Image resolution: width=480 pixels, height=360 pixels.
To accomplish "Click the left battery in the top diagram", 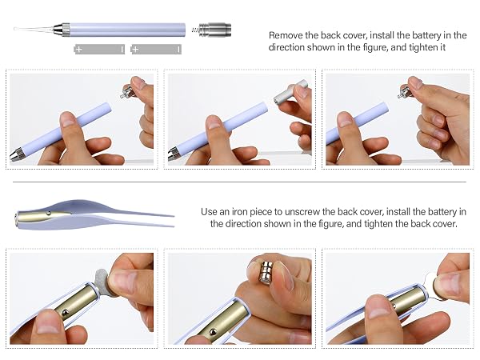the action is [x=99, y=49].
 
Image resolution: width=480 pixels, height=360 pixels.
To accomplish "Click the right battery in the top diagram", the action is [x=156, y=49].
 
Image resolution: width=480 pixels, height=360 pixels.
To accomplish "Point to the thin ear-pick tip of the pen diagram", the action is [x=34, y=29].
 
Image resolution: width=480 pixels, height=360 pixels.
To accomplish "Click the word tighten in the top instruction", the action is [x=419, y=47].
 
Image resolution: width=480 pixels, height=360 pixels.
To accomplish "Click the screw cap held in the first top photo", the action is [x=126, y=92].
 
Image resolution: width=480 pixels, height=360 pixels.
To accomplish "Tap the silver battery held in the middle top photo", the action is [x=289, y=92].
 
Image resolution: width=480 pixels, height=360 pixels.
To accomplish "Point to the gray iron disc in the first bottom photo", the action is [x=102, y=282].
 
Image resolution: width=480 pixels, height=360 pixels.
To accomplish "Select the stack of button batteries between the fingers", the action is [x=266, y=271].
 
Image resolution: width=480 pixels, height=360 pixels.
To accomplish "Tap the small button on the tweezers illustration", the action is [x=48, y=214].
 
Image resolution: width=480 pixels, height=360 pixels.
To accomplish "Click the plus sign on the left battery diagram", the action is [x=79, y=49].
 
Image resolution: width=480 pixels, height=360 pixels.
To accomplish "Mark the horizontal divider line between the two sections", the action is [x=239, y=182].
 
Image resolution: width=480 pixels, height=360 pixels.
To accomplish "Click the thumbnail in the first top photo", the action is [x=67, y=118].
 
